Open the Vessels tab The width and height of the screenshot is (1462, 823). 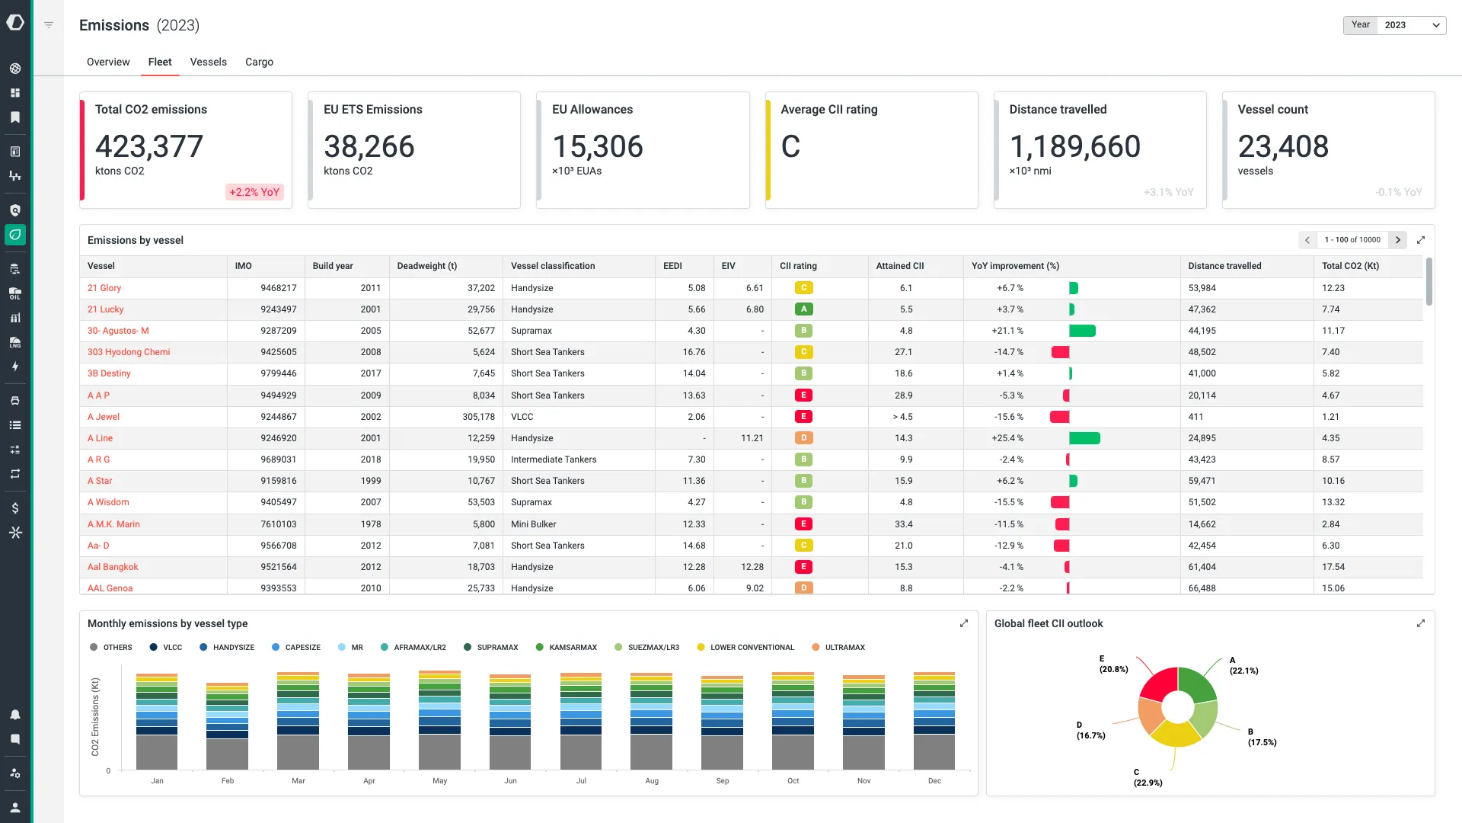[208, 62]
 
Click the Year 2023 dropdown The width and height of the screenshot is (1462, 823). [1410, 25]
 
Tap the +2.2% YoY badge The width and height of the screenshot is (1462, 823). [254, 192]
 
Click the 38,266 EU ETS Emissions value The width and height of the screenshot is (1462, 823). [369, 146]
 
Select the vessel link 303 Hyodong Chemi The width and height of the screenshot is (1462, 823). [129, 352]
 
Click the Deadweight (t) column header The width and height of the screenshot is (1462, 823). [426, 266]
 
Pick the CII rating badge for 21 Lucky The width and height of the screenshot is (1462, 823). [803, 309]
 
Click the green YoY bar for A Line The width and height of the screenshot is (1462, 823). [1084, 438]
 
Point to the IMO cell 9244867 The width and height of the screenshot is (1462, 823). [278, 417]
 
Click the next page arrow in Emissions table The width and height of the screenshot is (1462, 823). [1398, 240]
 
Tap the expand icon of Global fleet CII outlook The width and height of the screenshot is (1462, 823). [1420, 623]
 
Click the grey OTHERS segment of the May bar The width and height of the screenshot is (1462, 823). [439, 751]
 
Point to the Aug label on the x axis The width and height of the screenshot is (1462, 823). [652, 780]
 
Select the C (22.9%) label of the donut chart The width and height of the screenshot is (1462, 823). [1147, 777]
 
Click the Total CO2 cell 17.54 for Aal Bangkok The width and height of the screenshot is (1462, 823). [1333, 567]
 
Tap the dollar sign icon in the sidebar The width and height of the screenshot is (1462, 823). [15, 508]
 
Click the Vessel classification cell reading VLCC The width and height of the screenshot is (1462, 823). [522, 417]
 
